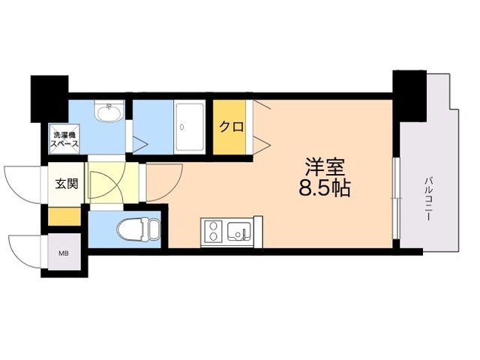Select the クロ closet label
pos(230,126)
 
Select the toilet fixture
pos(134,228)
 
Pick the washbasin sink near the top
pos(109,113)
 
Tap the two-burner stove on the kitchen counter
pos(212,230)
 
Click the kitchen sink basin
pos(240,231)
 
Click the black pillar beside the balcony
pos(409,94)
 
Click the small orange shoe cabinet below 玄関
pos(64,216)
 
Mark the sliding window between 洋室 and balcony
pos(396,195)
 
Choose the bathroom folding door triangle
pos(140,143)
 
